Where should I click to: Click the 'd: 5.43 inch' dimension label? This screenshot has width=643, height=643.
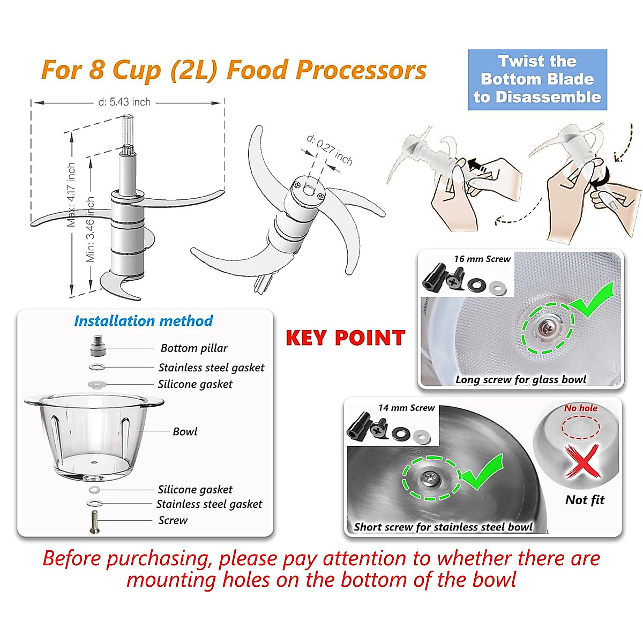124,102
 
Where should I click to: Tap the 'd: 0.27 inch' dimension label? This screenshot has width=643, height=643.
330,149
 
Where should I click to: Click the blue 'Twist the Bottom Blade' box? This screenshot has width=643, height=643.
537,79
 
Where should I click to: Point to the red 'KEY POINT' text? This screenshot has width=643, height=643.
345,338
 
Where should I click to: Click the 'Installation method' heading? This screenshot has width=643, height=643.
143,321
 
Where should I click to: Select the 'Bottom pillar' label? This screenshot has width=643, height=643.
194,348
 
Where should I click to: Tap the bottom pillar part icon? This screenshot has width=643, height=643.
98,346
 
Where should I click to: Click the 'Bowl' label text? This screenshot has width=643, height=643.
185,431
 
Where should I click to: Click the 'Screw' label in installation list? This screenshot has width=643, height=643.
173,520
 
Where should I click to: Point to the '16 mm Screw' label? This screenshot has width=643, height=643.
482,259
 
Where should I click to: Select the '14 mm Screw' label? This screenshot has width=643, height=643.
406,408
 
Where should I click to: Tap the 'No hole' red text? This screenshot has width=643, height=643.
581,408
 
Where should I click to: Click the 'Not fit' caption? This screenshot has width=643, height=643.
585,500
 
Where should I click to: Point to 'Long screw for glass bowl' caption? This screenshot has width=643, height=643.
521,380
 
